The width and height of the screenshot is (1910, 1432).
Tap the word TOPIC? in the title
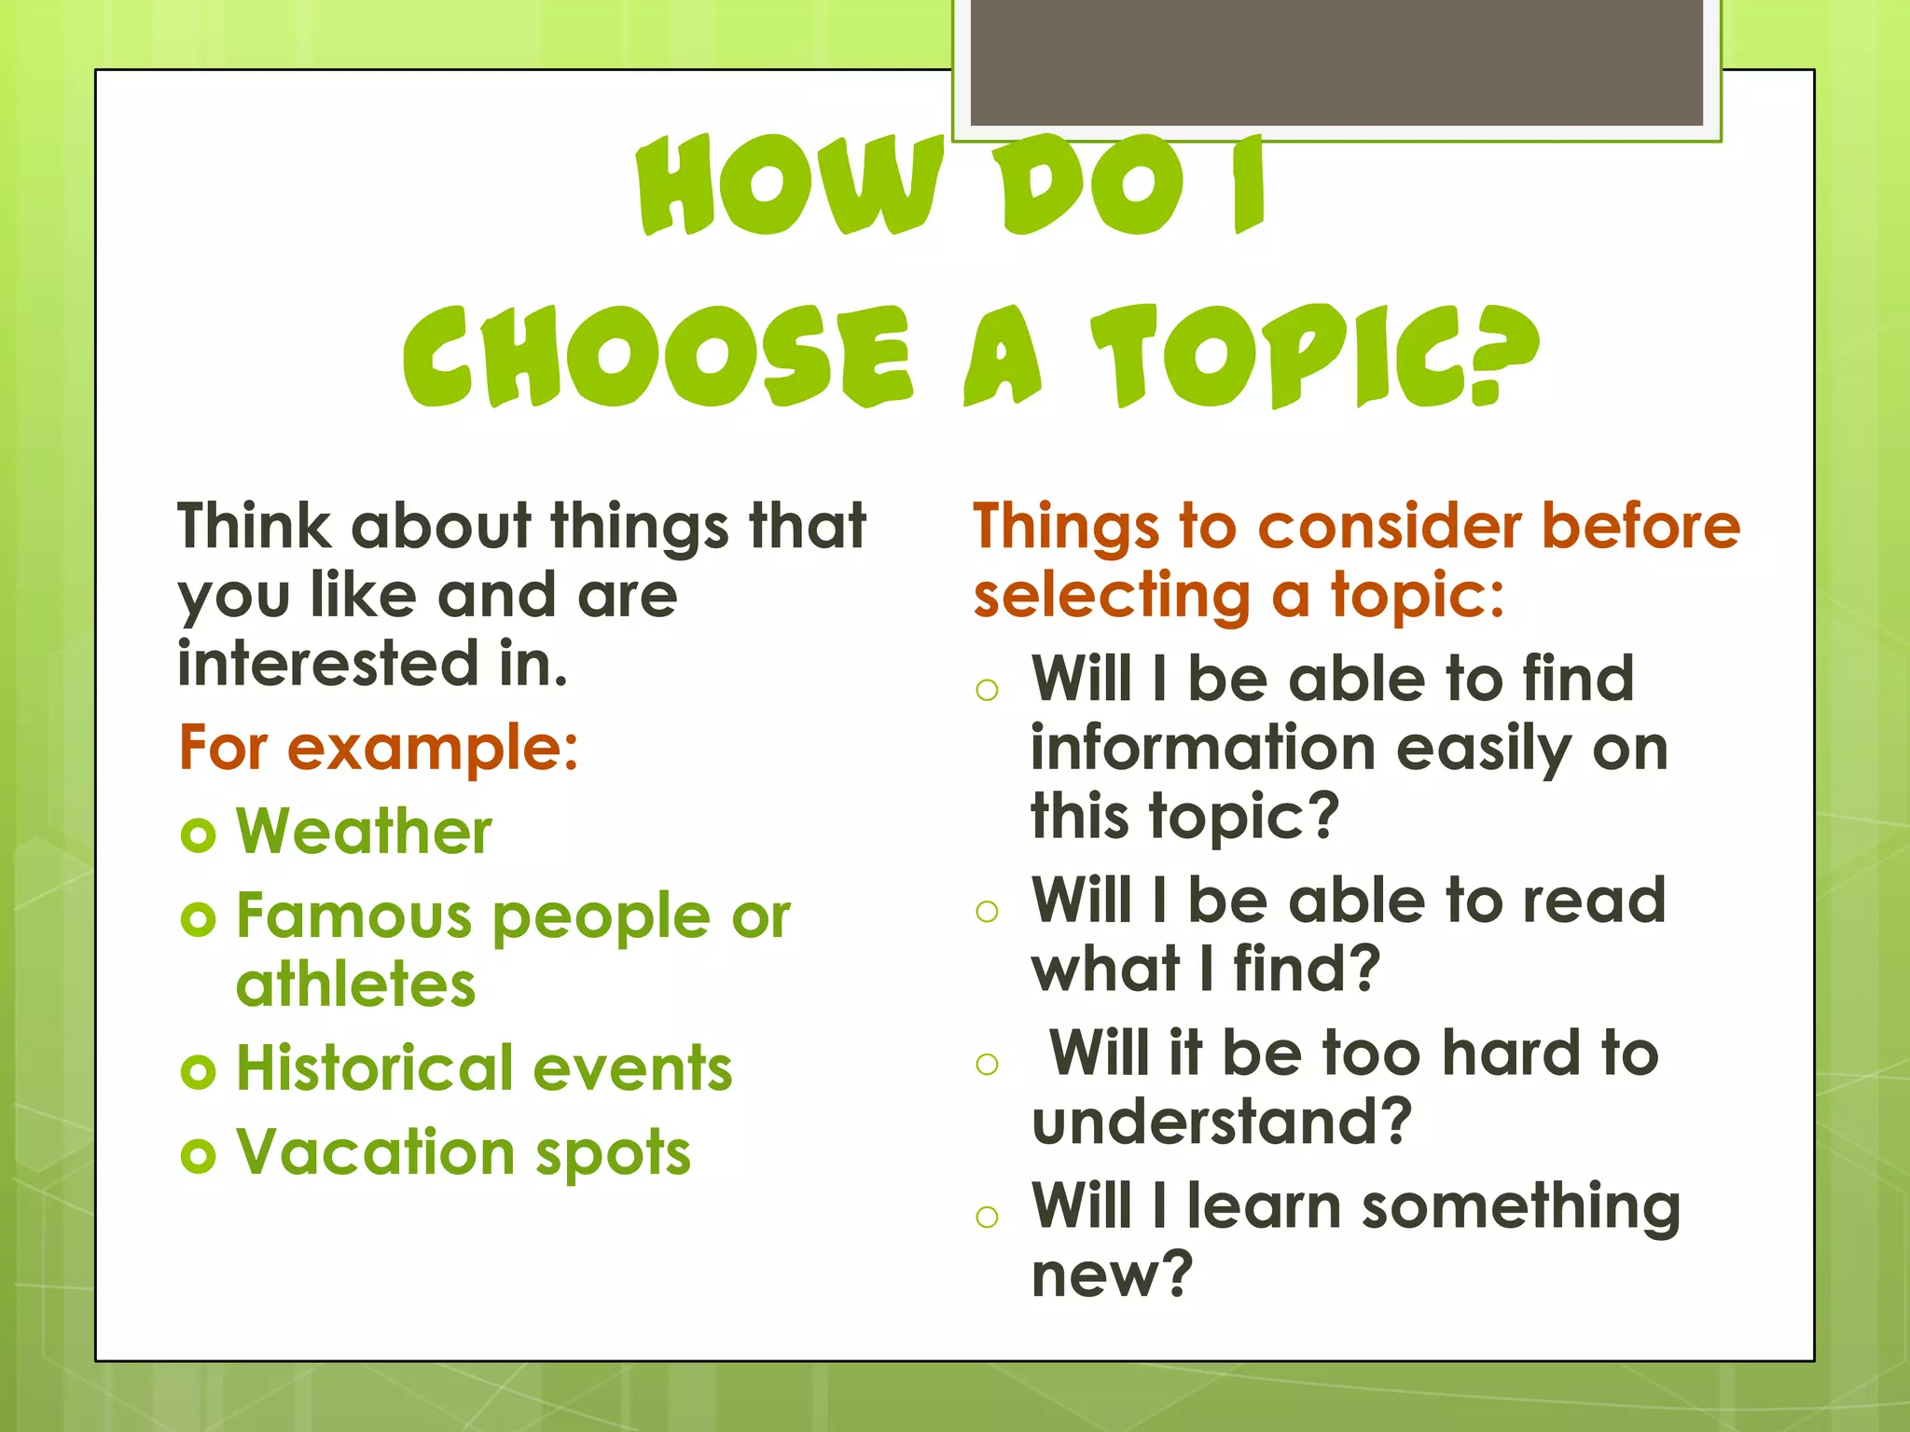tap(1315, 357)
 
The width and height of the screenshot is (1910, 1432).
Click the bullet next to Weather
tap(199, 833)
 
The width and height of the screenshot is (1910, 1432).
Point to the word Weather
tap(364, 831)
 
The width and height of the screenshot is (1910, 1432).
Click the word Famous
tap(354, 916)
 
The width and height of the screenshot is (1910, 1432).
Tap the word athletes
tap(355, 985)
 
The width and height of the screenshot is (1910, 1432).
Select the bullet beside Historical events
tap(199, 1071)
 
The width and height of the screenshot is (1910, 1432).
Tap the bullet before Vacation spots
tap(199, 1156)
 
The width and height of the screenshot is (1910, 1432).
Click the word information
tap(1203, 749)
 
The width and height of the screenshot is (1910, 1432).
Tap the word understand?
tap(1222, 1122)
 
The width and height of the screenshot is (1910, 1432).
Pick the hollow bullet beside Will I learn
tap(987, 1216)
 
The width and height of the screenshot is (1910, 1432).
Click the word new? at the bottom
tap(1112, 1274)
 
